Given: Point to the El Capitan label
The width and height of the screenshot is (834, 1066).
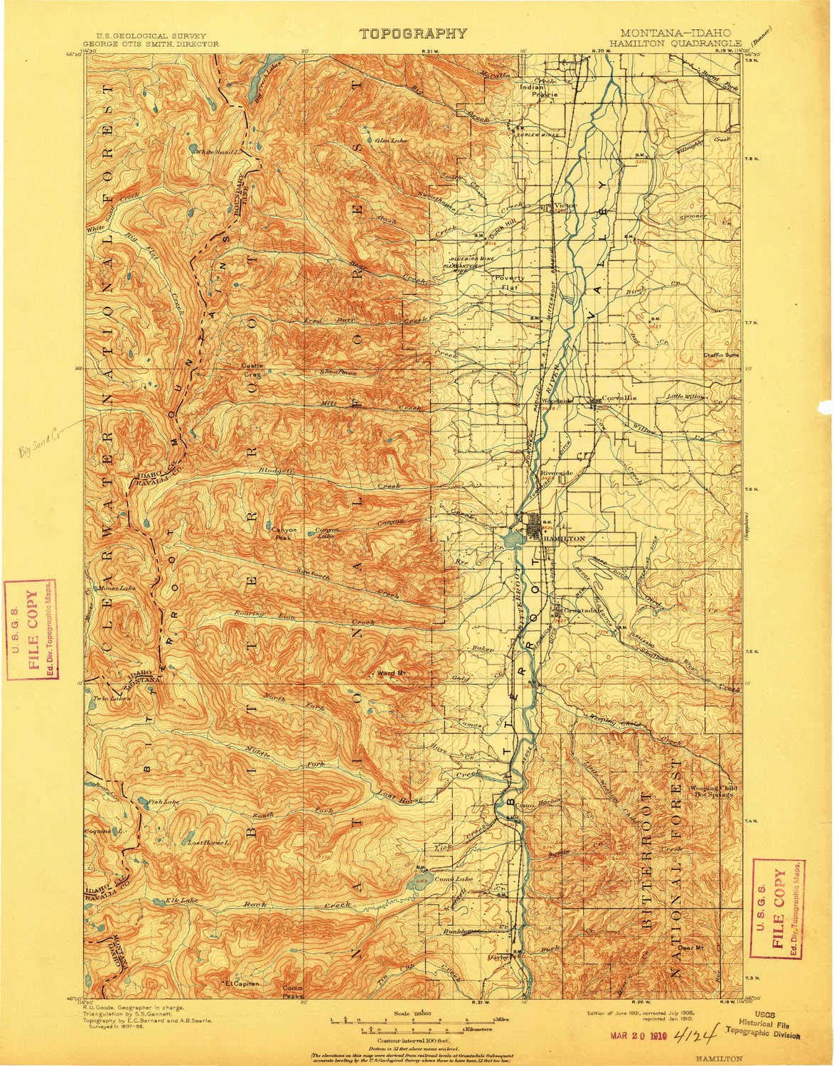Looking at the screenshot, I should [244, 984].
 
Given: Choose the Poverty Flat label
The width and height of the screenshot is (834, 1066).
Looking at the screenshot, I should [510, 282].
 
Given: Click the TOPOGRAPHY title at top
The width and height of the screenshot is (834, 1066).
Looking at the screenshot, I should [413, 33].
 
